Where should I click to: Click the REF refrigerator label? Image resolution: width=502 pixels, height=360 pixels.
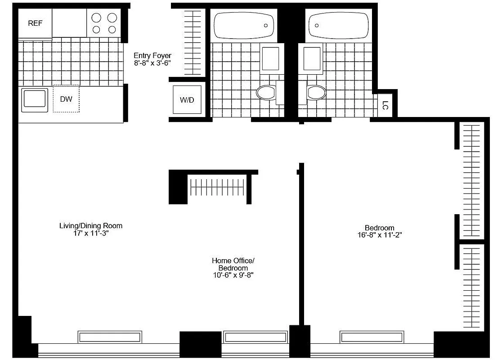tap(35, 23)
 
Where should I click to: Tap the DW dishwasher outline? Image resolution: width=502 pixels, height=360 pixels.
tap(66, 99)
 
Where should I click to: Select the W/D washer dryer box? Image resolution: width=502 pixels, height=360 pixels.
tap(187, 99)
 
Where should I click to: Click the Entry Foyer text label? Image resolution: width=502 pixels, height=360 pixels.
tap(152, 59)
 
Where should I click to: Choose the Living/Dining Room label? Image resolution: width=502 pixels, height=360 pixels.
tap(91, 229)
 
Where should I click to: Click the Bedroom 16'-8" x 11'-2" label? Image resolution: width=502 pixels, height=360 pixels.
tap(379, 231)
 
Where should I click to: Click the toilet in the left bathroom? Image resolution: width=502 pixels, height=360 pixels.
tap(266, 93)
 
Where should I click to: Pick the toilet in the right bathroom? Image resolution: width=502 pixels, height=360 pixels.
tap(317, 93)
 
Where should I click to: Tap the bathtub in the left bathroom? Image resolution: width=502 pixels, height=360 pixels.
tap(243, 25)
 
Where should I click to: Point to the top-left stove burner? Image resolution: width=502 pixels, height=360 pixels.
tap(97, 18)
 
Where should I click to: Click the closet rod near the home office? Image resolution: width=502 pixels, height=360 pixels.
tap(218, 187)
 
